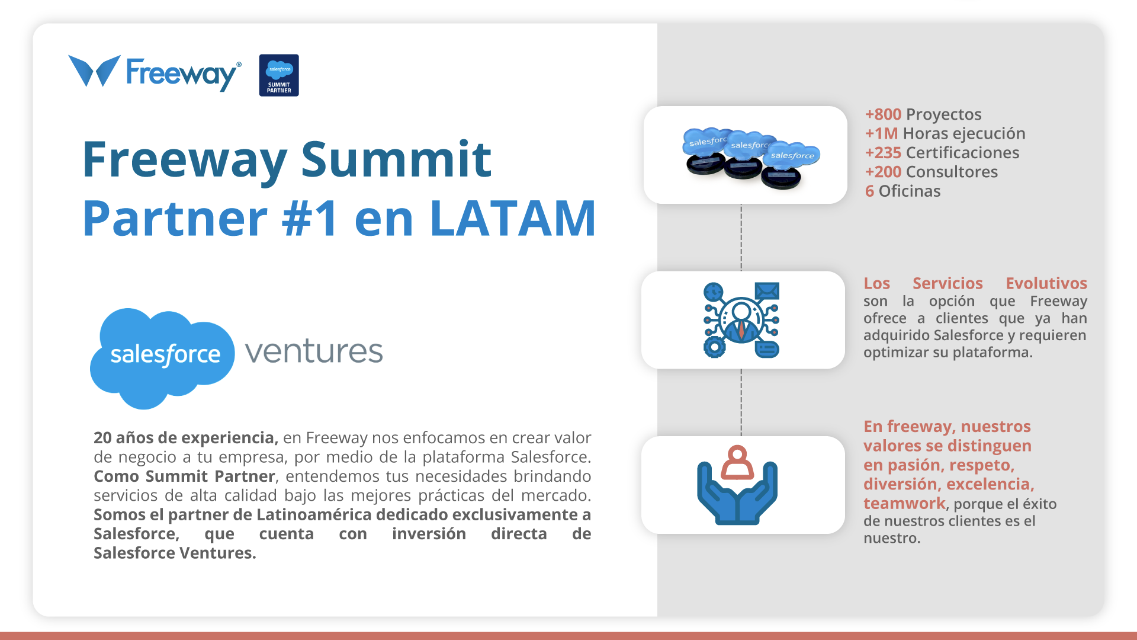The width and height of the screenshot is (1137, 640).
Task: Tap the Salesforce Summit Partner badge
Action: click(x=279, y=75)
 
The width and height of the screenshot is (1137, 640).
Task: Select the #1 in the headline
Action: click(x=310, y=218)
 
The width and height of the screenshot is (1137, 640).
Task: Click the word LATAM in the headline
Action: click(x=513, y=218)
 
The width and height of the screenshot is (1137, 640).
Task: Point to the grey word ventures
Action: click(x=314, y=351)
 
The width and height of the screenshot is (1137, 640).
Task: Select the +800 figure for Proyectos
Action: click(x=883, y=114)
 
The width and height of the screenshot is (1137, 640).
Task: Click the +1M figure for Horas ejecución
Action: click(x=881, y=133)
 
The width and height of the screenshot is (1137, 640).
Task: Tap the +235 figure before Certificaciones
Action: click(x=883, y=153)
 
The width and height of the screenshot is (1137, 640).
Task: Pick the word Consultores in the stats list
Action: click(x=952, y=172)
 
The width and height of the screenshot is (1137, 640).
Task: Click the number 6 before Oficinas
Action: click(x=869, y=191)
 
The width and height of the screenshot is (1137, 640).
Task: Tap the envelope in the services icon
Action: click(x=767, y=291)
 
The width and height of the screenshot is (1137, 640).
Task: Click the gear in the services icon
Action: click(x=714, y=347)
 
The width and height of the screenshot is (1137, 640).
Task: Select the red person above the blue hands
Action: click(x=737, y=462)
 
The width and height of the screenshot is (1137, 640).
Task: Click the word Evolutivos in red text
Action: click(x=1046, y=283)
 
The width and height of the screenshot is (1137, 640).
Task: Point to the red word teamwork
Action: click(x=904, y=503)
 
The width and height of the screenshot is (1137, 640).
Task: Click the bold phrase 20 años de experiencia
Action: click(x=185, y=438)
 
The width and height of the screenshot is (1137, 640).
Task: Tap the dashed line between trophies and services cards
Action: click(x=741, y=238)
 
